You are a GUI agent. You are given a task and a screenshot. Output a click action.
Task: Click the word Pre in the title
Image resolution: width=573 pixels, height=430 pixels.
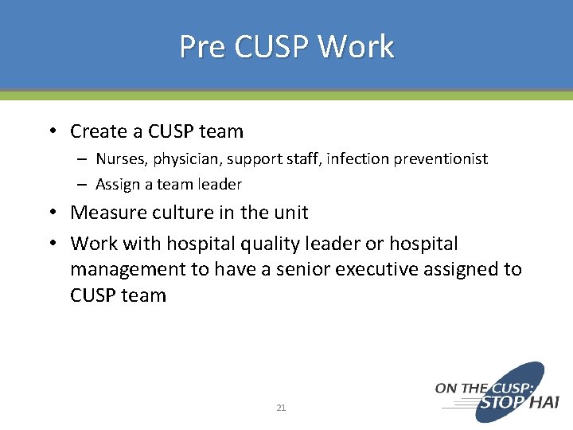click(203, 46)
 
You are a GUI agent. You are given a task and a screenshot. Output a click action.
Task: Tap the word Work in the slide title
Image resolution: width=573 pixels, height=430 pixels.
click(356, 46)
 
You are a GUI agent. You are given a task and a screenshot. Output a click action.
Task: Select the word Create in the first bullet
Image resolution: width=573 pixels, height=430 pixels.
click(99, 131)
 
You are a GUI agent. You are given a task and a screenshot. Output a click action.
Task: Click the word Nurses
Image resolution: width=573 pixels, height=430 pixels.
click(122, 159)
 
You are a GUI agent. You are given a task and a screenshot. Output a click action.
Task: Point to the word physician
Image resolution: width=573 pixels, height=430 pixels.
click(185, 159)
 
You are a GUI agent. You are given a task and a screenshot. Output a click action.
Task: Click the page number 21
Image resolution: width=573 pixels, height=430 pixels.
click(281, 408)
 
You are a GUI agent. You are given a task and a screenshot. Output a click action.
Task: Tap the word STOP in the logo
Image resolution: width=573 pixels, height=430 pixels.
click(501, 403)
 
